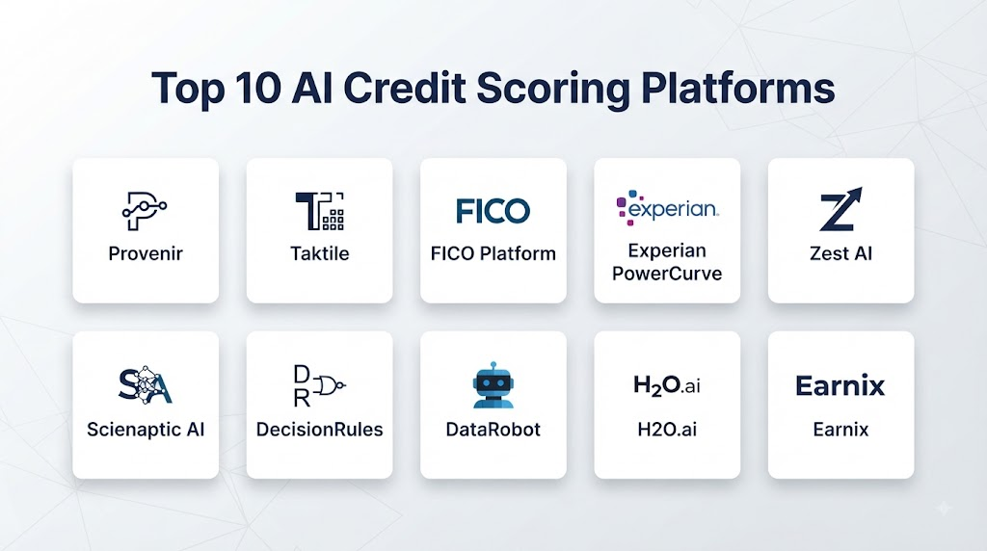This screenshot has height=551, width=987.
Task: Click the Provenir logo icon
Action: click(x=145, y=211)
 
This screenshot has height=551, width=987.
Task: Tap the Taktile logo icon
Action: click(x=320, y=211)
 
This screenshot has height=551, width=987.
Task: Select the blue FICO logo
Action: click(x=493, y=211)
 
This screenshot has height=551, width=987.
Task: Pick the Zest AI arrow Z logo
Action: click(x=840, y=209)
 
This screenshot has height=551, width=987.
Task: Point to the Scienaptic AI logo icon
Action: click(x=146, y=384)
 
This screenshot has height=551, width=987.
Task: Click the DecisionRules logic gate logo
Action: click(x=319, y=385)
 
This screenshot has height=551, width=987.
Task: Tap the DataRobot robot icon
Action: click(x=493, y=384)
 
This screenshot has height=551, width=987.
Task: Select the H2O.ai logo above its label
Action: click(x=667, y=385)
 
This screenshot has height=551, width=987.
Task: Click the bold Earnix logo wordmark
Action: click(x=840, y=385)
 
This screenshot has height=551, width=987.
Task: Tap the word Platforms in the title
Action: click(x=738, y=88)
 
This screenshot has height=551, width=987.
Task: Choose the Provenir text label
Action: click(x=146, y=253)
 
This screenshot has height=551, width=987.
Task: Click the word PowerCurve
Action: click(x=667, y=274)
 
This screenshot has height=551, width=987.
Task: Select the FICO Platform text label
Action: click(x=493, y=253)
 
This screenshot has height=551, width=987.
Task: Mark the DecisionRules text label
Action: click(x=319, y=430)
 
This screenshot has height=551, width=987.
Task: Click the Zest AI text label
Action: click(x=840, y=253)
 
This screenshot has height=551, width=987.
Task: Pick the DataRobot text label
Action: click(x=493, y=430)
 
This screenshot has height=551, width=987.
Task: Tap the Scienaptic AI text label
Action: click(x=146, y=430)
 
